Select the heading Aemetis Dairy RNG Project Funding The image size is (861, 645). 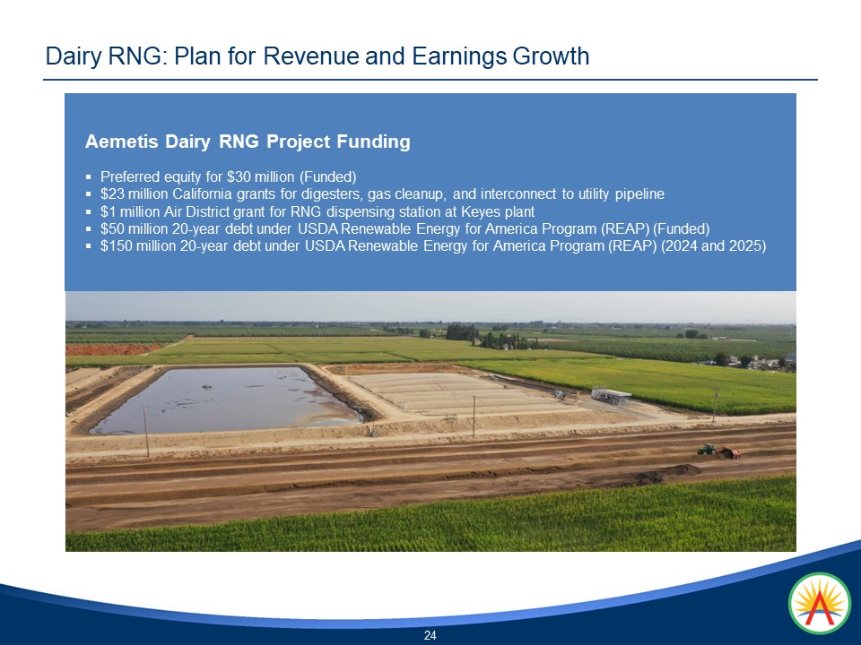[x=248, y=142]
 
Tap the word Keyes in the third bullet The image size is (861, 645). [x=483, y=212]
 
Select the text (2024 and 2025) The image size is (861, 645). [x=713, y=246]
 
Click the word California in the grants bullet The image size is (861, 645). [x=202, y=194]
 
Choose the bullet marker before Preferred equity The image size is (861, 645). [x=88, y=176]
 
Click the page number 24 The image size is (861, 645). [x=430, y=635]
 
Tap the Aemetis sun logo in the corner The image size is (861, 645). [x=819, y=603]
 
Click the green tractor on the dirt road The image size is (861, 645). [x=708, y=449]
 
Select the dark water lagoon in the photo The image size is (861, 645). [x=224, y=399]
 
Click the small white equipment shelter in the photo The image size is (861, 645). [x=611, y=395]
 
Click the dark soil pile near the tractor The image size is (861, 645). [x=682, y=469]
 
